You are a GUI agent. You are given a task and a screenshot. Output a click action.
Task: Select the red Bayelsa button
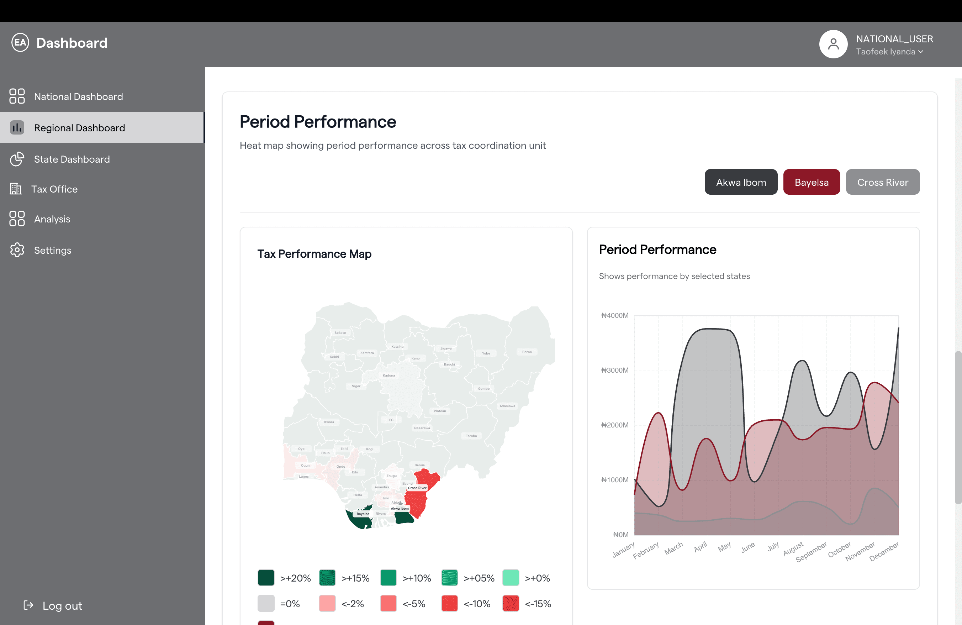coord(811,182)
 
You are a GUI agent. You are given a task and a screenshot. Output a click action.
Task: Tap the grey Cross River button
coord(882,182)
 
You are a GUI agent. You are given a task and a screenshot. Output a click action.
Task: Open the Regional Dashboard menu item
coord(79,128)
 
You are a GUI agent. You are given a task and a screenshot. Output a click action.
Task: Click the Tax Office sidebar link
coord(54,189)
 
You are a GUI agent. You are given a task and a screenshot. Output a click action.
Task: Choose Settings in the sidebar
coord(52,250)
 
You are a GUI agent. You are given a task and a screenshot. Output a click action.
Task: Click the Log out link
coord(62,605)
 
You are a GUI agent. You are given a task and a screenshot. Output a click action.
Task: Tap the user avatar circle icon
coord(833,44)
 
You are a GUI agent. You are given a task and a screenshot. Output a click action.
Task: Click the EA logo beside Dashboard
coord(20,42)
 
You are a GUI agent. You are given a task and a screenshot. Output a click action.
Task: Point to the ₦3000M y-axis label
coord(614,370)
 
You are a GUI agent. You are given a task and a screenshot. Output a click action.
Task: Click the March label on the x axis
coord(673,548)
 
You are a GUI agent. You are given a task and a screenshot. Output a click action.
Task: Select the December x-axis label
coord(884,551)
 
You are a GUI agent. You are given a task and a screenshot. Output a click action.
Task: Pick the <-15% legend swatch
coord(511,604)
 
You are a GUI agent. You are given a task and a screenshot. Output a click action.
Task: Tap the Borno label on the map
coord(527,352)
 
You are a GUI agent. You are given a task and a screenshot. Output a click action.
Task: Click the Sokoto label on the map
coord(340,333)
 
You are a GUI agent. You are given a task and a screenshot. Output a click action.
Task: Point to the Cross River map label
coord(417,488)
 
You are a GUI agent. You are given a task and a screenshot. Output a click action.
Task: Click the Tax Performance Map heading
coord(314,254)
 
